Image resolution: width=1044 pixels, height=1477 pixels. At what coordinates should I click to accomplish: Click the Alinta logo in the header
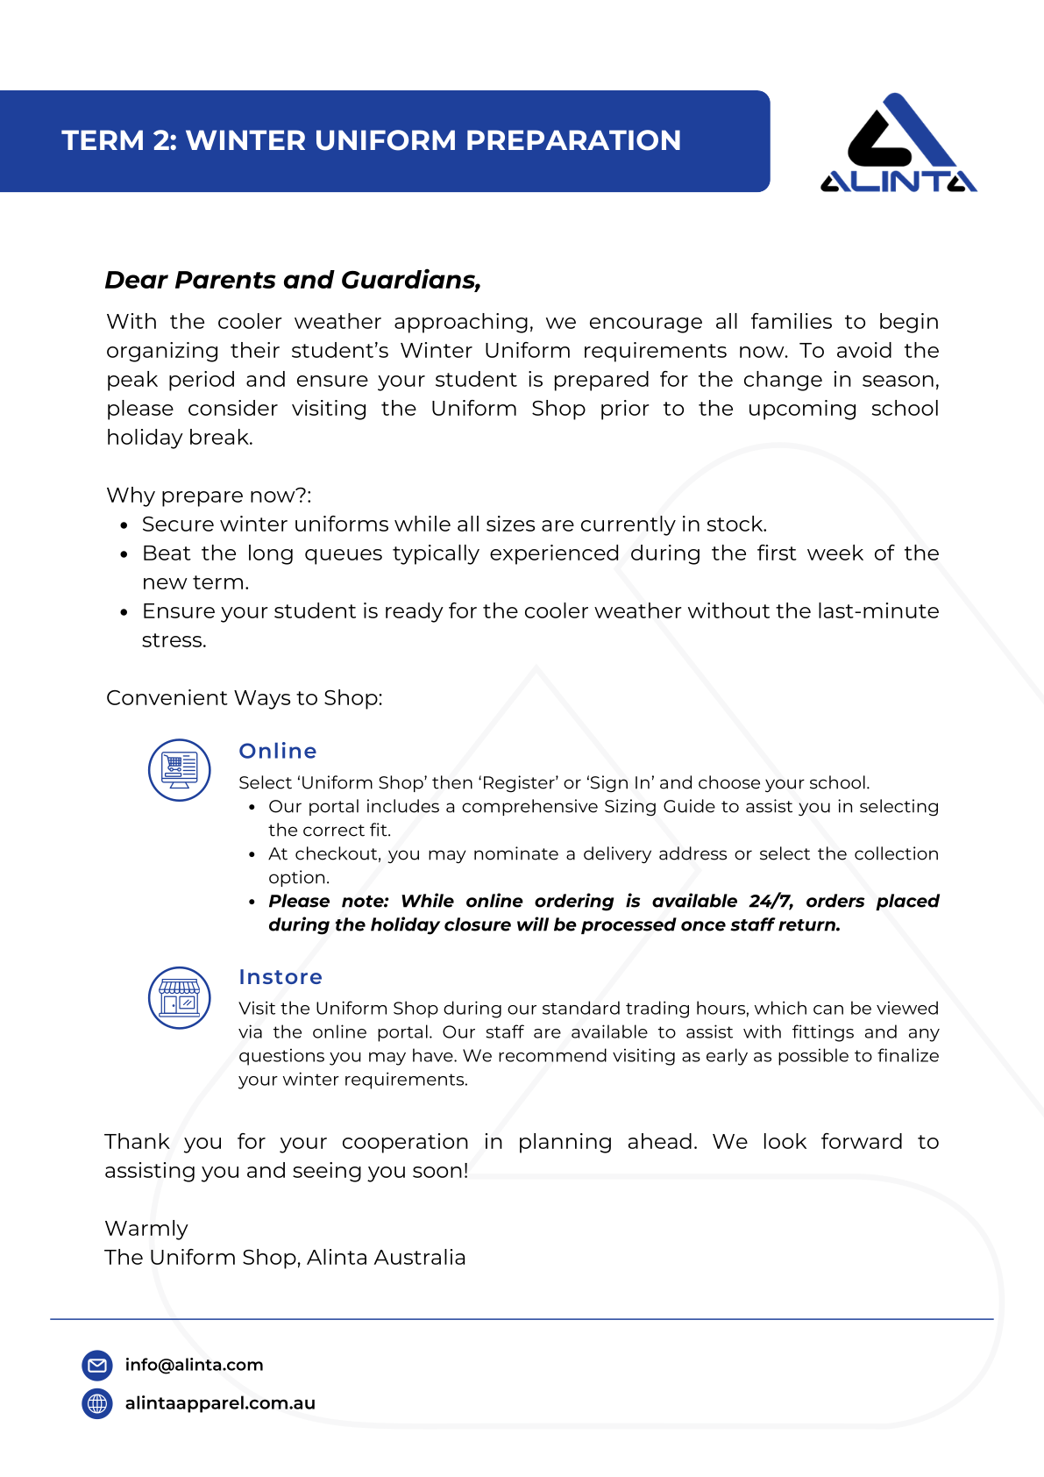(x=898, y=143)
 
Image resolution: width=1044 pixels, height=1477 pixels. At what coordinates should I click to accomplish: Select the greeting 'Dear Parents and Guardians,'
(x=293, y=280)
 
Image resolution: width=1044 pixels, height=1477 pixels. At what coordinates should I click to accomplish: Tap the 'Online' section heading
(x=278, y=751)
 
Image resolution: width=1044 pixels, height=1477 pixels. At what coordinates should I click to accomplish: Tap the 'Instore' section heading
(x=281, y=977)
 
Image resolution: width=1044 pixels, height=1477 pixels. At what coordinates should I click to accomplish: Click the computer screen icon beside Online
(x=180, y=769)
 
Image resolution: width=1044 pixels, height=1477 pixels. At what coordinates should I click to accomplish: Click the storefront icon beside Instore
(x=180, y=998)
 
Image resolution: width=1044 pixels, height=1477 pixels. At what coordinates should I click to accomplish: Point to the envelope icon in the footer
(x=97, y=1365)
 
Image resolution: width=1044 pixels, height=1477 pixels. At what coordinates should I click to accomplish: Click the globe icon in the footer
(x=97, y=1403)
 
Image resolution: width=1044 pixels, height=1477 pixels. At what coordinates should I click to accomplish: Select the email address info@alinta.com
(x=194, y=1365)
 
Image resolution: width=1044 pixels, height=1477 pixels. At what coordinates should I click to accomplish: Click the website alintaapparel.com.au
(x=220, y=1403)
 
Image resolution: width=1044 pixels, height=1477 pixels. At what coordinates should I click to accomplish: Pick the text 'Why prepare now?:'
(x=209, y=496)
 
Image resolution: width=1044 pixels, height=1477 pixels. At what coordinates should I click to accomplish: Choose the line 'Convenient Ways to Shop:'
(x=245, y=698)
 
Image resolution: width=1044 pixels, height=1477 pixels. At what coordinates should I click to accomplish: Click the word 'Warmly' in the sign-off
(x=146, y=1228)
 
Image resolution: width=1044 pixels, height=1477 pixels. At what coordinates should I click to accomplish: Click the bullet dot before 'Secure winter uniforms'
(x=124, y=526)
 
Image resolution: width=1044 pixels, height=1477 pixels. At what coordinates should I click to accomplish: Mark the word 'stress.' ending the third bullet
(x=174, y=640)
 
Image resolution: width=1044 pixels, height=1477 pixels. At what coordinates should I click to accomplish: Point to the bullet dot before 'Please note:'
(x=252, y=902)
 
